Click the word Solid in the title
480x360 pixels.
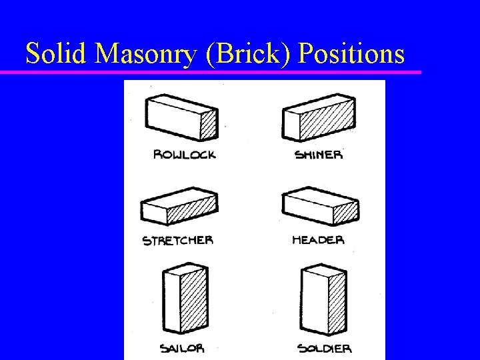[57, 53]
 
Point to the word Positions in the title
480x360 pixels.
[353, 53]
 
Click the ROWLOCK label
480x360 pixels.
[185, 155]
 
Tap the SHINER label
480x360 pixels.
[319, 155]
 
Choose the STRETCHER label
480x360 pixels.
[178, 240]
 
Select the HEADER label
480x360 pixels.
[318, 239]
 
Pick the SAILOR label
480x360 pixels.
[182, 348]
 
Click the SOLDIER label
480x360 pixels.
[324, 348]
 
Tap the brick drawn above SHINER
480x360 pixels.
[319, 118]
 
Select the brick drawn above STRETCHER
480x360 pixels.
[179, 207]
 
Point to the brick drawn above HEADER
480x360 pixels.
[320, 207]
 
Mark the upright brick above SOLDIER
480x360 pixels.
[321, 301]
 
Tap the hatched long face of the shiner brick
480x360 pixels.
[327, 124]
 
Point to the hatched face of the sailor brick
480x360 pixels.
[193, 304]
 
